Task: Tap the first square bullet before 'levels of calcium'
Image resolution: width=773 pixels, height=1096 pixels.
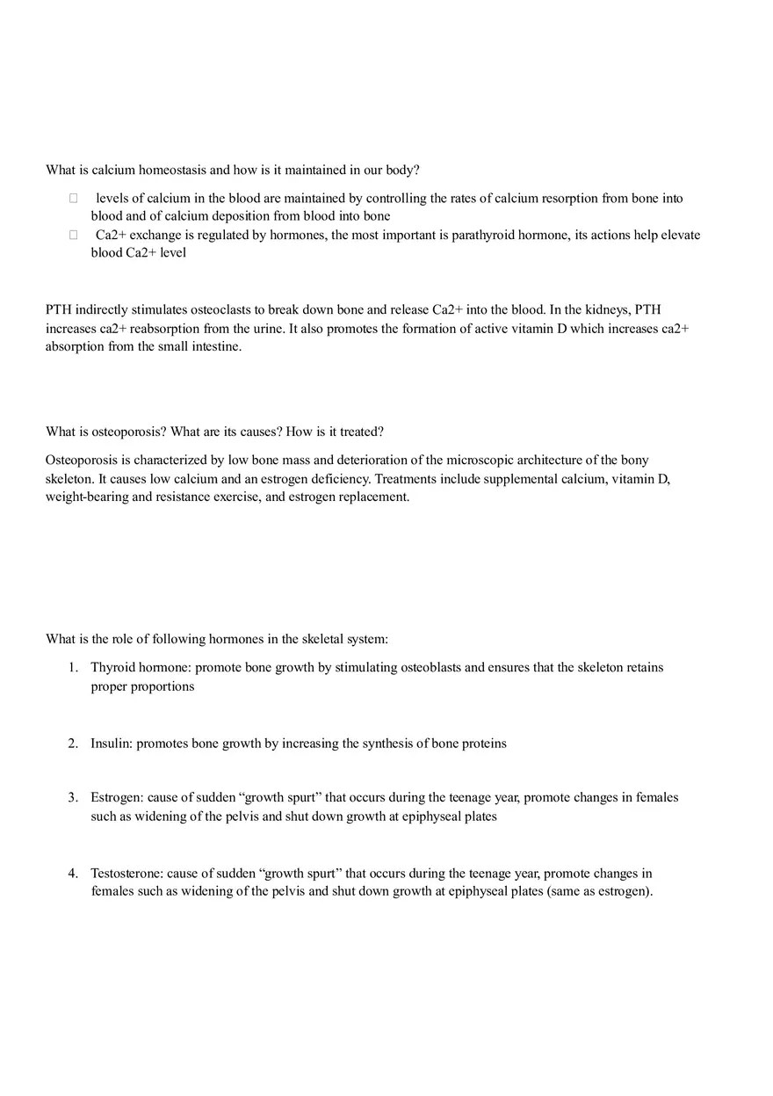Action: tap(74, 199)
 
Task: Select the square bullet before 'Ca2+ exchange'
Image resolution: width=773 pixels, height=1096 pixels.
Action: tap(74, 236)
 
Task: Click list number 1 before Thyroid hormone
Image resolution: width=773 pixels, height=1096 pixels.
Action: tap(74, 667)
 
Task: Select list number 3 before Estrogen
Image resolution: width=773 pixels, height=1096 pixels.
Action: tap(74, 797)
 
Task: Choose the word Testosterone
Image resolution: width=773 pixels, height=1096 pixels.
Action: tap(126, 874)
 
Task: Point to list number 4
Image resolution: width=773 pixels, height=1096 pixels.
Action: tap(74, 874)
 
